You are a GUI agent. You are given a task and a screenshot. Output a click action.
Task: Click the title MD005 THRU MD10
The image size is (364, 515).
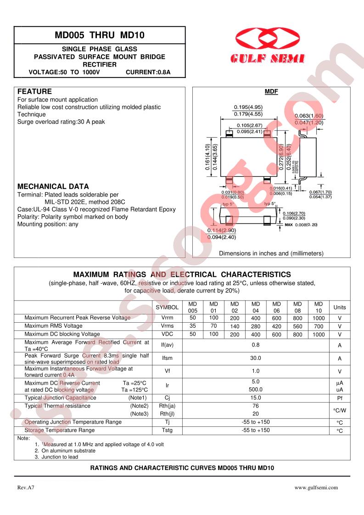pyautogui.click(x=99, y=35)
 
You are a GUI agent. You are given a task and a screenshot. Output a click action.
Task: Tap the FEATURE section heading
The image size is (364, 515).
pyautogui.click(x=34, y=91)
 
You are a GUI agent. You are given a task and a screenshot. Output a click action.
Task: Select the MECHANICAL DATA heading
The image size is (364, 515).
pyautogui.click(x=53, y=187)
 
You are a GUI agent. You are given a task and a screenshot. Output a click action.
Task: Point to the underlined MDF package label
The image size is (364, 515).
pyautogui.click(x=271, y=92)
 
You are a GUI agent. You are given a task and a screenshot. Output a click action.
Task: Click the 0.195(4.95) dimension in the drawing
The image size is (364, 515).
pyautogui.click(x=248, y=107)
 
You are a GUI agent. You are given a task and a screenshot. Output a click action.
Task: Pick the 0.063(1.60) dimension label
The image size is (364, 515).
pyautogui.click(x=308, y=116)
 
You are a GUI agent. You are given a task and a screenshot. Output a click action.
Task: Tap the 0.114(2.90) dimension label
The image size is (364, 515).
pyautogui.click(x=222, y=230)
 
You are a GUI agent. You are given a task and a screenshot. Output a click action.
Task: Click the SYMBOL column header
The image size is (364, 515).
pyautogui.click(x=167, y=308)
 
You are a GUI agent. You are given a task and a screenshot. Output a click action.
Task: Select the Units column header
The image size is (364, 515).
pyautogui.click(x=340, y=308)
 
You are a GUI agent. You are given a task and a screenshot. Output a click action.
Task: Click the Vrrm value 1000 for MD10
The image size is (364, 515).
pyautogui.click(x=318, y=318)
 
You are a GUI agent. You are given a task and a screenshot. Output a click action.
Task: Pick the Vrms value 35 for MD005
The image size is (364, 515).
pyautogui.click(x=193, y=326)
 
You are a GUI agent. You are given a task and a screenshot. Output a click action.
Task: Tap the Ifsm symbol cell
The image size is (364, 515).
pyautogui.click(x=167, y=358)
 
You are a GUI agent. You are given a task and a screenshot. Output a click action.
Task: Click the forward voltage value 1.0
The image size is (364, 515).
pyautogui.click(x=256, y=371)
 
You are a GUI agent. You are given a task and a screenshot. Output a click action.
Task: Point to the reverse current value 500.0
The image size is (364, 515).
pyautogui.click(x=256, y=389)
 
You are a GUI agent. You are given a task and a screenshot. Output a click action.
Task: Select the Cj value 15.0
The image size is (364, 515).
pyautogui.click(x=256, y=398)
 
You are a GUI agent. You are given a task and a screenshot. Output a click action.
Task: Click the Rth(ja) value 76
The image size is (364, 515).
pyautogui.click(x=256, y=406)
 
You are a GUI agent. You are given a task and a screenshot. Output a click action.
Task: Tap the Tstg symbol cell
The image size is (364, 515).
pyautogui.click(x=167, y=431)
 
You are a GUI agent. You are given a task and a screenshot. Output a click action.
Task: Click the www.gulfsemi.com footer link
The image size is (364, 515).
pyautogui.click(x=316, y=488)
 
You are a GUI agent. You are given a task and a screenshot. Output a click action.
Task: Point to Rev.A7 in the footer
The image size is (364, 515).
pyautogui.click(x=26, y=488)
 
